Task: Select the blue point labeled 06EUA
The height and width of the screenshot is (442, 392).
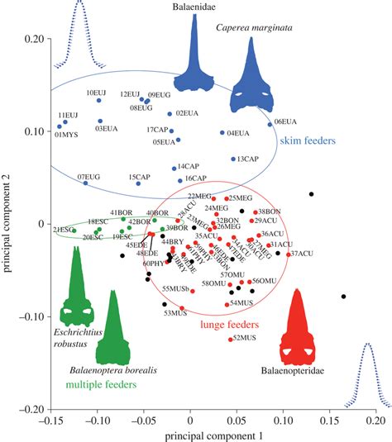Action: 270,124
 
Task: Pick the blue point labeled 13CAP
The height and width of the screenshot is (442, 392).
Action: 233,159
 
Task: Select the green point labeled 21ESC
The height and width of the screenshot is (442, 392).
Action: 74,231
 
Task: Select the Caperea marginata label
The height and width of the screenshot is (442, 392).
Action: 251,26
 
